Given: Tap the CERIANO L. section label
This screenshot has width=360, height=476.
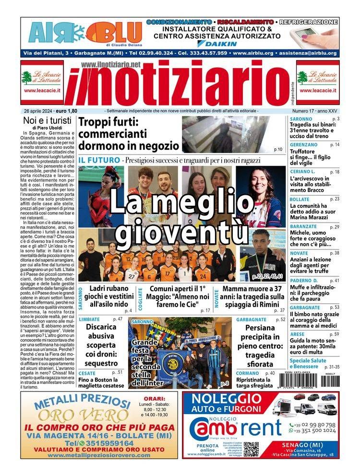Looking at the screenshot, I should click(x=302, y=172).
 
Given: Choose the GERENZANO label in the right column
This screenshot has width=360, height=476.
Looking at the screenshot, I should click(x=304, y=144).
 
